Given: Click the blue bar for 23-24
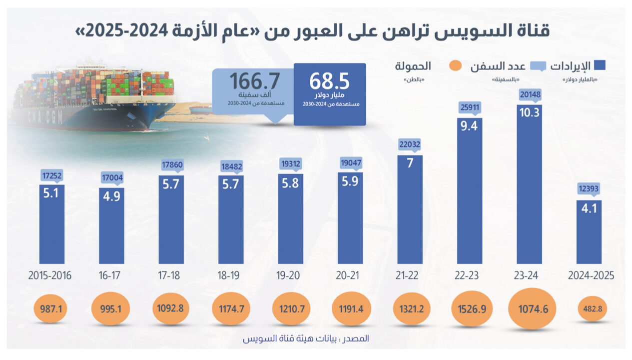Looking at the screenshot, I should [x=529, y=185].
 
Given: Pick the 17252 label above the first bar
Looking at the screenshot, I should [x=52, y=175].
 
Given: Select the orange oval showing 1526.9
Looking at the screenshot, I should [x=470, y=308].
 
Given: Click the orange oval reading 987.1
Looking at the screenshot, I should [x=52, y=308].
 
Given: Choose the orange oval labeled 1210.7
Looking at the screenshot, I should [x=290, y=308].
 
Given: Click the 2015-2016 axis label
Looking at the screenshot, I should [x=50, y=275].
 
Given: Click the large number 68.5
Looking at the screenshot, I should [x=329, y=81].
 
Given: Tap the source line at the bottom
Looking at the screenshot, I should [x=306, y=338].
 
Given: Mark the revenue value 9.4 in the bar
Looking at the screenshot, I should [x=470, y=126].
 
